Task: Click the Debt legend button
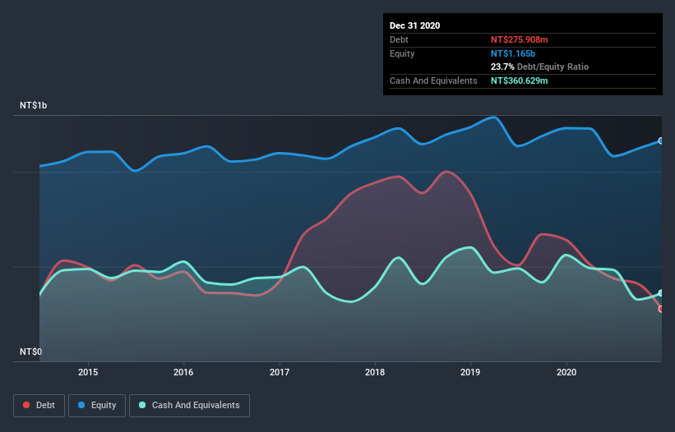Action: point(38,405)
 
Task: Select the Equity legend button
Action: point(97,405)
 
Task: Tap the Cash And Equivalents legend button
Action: point(188,405)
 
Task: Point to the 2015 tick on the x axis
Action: point(88,371)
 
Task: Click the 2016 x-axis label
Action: point(183,371)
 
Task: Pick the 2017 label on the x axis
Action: point(280,371)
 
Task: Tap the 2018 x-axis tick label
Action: point(375,371)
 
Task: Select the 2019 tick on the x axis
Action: point(471,371)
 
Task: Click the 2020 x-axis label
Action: point(566,371)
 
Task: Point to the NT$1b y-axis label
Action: point(36,106)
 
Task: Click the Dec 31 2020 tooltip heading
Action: point(415,25)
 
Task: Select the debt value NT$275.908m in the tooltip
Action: point(519,39)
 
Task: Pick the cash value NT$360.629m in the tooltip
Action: point(519,80)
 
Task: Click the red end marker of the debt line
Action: point(661,309)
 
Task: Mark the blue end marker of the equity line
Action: point(661,140)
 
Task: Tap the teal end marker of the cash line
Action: point(661,293)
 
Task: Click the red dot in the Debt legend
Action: point(27,405)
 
